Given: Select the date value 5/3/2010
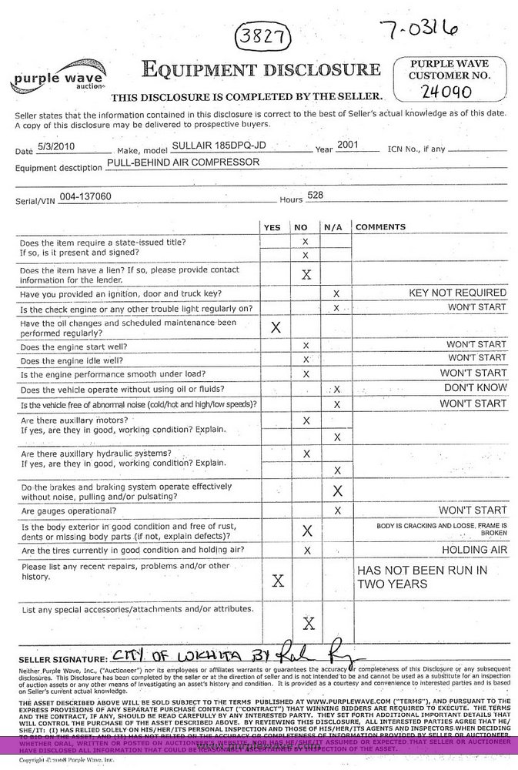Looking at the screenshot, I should [x=66, y=147].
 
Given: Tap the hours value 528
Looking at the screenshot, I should [x=315, y=196].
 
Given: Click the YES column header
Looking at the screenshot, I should [x=272, y=227].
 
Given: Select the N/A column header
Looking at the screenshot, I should [x=333, y=227].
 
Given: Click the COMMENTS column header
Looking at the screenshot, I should [x=380, y=227].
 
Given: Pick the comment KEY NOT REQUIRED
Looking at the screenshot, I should [x=457, y=293].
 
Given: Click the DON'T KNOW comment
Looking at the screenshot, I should [x=475, y=388].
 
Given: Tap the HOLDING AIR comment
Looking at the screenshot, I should [x=474, y=550].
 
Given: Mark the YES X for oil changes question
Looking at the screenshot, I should [x=275, y=327].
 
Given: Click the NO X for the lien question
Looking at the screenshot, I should [x=306, y=274].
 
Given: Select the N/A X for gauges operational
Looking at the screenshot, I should [x=337, y=511].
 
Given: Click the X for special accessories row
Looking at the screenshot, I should [x=308, y=623].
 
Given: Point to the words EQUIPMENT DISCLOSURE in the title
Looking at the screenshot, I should [x=261, y=70].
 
